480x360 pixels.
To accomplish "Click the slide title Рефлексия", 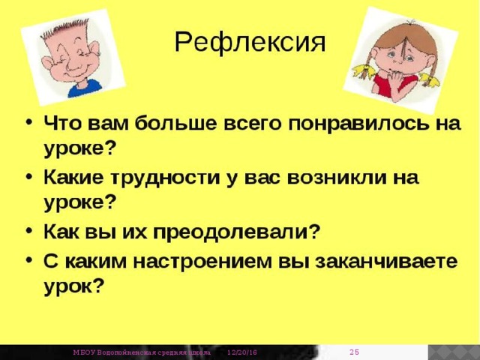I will pos(250,43).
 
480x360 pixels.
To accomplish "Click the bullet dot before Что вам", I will pos(28,124).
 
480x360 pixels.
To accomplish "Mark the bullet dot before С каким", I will pos(28,262).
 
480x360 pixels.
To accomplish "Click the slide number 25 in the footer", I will pos(356,352).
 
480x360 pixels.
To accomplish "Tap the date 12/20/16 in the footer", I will pos(241,352).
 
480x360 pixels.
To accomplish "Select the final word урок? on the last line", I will pos(74,286).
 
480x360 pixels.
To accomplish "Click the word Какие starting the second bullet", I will pos(72,178).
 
